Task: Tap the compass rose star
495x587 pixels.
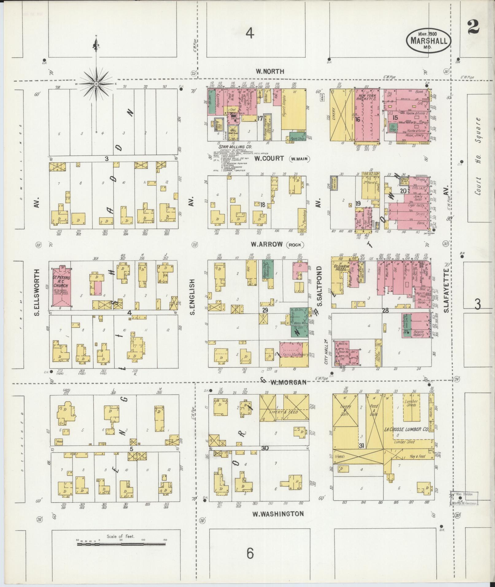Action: pyautogui.click(x=96, y=83)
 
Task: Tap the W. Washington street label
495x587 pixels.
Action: pyautogui.click(x=278, y=514)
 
